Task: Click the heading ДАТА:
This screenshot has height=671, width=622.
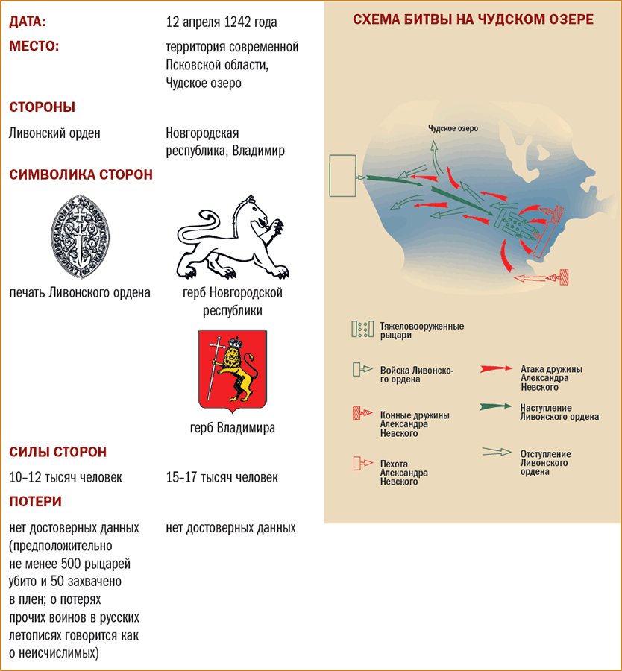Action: click(28, 22)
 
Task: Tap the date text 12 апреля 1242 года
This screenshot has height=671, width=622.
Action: click(222, 22)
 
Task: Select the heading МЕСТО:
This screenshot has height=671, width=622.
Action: click(34, 46)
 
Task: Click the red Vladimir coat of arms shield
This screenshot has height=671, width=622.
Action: click(233, 371)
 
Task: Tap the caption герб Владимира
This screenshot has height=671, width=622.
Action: click(233, 428)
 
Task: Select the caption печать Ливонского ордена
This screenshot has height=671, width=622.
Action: click(80, 292)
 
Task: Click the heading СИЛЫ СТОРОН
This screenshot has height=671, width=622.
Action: click(57, 452)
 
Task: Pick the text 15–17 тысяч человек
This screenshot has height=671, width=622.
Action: click(222, 477)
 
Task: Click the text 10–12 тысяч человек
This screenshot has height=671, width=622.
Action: click(66, 477)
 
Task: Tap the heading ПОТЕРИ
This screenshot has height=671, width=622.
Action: click(35, 502)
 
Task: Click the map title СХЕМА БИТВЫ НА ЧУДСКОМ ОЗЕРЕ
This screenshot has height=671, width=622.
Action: click(473, 20)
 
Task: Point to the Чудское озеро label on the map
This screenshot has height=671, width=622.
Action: click(453, 128)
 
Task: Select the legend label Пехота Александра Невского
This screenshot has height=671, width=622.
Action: click(403, 473)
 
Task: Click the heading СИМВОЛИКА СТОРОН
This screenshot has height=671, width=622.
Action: click(81, 175)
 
